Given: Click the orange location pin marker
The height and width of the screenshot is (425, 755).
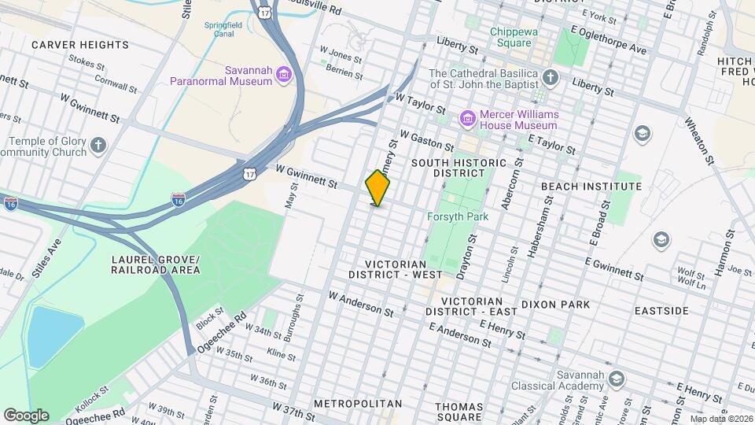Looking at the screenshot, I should pyautogui.click(x=378, y=188).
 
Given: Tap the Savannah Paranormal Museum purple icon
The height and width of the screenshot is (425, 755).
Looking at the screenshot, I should pyautogui.click(x=284, y=76).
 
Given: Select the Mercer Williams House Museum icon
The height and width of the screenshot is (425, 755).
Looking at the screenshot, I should pyautogui.click(x=468, y=119).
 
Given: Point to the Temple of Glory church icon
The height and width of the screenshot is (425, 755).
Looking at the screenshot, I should pyautogui.click(x=98, y=145).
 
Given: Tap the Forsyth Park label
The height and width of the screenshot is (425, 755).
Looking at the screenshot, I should pyautogui.click(x=458, y=216).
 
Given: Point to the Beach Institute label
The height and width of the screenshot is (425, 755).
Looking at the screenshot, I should pyautogui.click(x=591, y=187).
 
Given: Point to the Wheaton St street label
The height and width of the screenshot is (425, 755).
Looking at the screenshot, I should pyautogui.click(x=698, y=142).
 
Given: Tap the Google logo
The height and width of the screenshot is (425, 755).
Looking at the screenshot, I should pyautogui.click(x=26, y=415).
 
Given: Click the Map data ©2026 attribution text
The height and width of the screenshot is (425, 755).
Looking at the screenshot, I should pyautogui.click(x=721, y=419).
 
